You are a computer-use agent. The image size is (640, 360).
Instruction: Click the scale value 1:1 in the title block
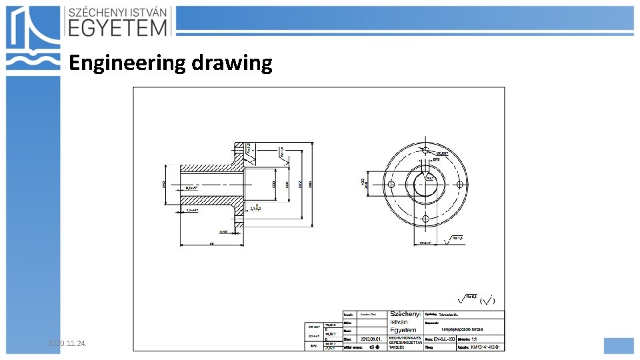474,338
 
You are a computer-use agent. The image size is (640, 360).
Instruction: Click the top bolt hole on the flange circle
425,149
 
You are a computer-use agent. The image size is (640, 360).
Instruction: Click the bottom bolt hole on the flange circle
425,219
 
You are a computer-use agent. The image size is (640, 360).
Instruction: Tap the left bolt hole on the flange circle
391,184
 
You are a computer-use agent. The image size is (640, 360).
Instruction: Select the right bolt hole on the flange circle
460,184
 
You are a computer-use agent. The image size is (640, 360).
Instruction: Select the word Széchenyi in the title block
405,313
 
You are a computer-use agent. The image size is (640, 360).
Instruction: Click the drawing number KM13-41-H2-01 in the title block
485,347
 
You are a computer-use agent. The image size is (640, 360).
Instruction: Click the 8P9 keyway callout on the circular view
437,161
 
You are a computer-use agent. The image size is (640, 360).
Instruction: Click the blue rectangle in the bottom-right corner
618,345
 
